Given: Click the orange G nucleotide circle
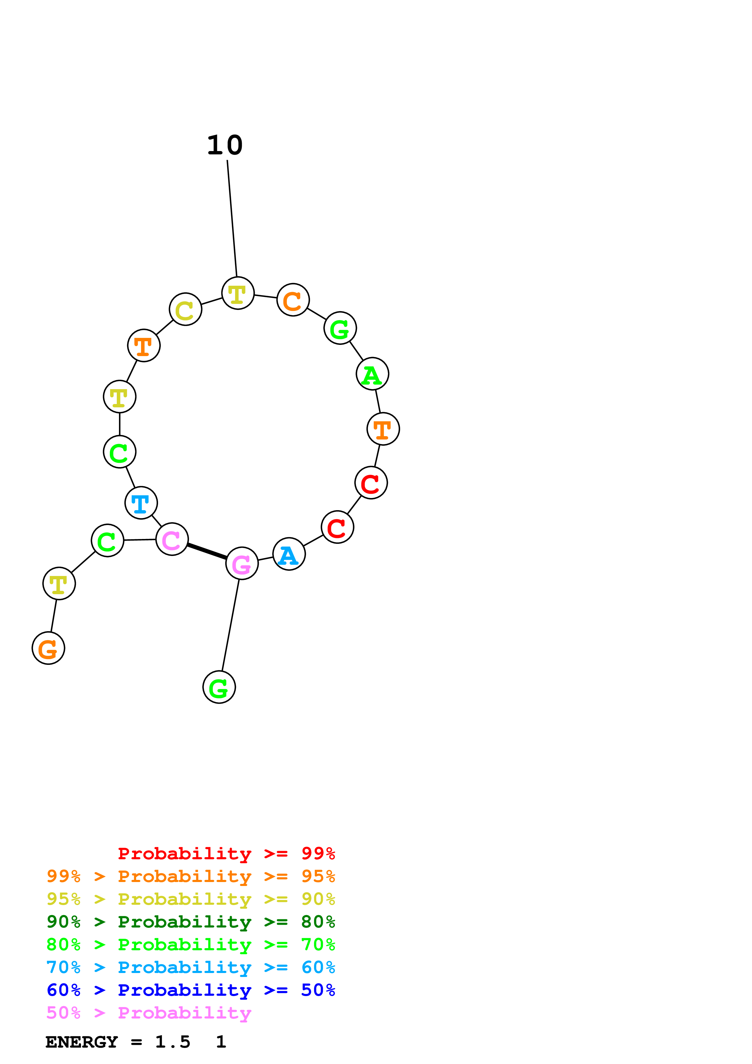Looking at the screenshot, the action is tap(48, 648).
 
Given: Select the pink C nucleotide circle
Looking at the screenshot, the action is tap(172, 539).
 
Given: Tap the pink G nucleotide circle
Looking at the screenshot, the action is tap(242, 563).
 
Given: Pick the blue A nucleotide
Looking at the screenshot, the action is tap(289, 554).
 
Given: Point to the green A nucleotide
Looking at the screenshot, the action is tap(373, 374).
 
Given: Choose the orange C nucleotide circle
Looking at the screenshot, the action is tap(293, 300).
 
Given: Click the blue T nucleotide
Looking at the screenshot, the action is tap(141, 503).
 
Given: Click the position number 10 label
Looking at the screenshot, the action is tap(225, 146).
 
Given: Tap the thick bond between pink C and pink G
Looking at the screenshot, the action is tap(207, 551).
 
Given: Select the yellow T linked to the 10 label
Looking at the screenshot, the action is tap(238, 293).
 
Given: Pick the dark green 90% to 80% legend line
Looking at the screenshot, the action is tap(191, 922).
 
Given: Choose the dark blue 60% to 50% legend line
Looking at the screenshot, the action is tap(191, 990).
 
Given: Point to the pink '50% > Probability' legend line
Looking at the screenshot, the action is tap(149, 1013).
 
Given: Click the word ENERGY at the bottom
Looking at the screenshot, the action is tap(82, 1042).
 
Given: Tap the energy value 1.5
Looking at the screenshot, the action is tap(172, 1042).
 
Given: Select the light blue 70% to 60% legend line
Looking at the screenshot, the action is tap(191, 968).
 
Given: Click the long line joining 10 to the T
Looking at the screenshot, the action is tap(232, 218).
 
